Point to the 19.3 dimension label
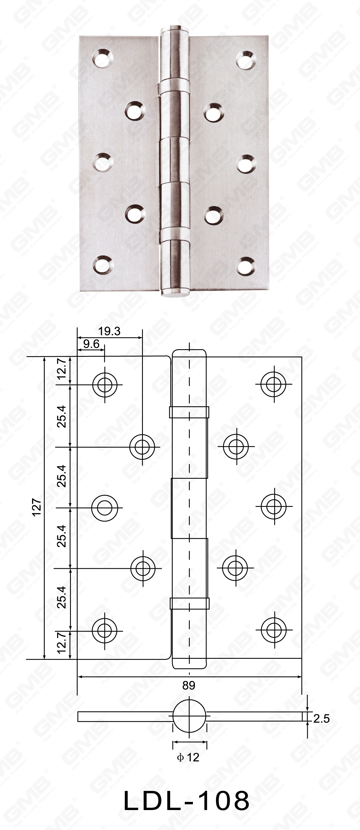109,331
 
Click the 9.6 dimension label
91,344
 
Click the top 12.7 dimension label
62,369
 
